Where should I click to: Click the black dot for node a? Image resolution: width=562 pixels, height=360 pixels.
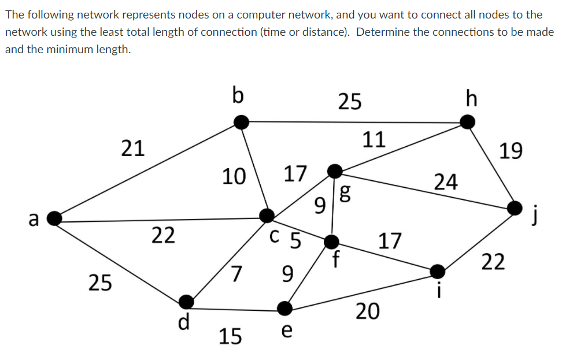[x=54, y=218]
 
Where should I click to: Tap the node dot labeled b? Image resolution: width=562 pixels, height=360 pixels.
[x=241, y=121]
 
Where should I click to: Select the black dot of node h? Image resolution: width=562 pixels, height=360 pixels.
[x=468, y=122]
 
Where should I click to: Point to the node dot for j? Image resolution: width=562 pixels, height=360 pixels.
[x=515, y=208]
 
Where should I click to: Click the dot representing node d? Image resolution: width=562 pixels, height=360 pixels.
[x=186, y=301]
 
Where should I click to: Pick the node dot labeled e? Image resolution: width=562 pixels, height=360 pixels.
[x=284, y=307]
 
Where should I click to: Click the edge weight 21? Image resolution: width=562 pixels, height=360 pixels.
[x=133, y=149]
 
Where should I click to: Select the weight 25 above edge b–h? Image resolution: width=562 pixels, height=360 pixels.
[x=350, y=101]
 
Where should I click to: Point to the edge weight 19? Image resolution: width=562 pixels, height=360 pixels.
[x=511, y=151]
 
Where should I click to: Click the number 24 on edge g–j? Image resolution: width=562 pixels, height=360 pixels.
[x=446, y=182]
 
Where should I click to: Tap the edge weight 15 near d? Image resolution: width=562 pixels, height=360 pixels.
[x=230, y=336]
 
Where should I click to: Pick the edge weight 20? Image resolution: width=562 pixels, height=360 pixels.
[x=368, y=311]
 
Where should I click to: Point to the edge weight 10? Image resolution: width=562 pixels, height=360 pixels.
[x=234, y=175]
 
